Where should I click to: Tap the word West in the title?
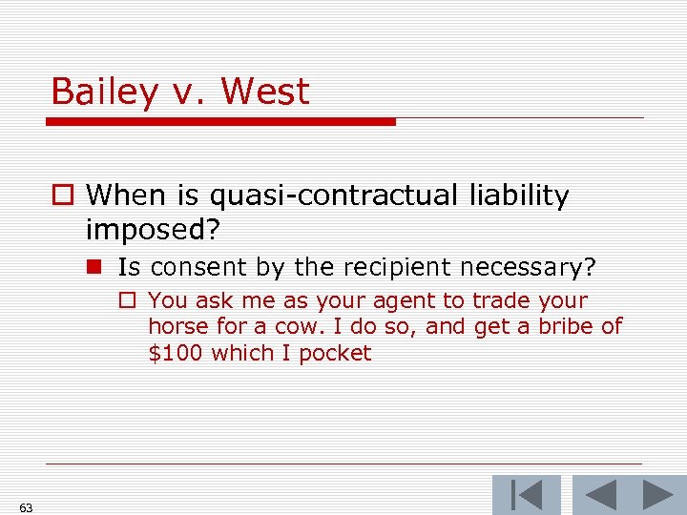coord(265,93)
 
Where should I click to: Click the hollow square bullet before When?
coord(64,196)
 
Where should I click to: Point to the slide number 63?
coord(26,507)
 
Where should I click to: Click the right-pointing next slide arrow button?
coord(657,495)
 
